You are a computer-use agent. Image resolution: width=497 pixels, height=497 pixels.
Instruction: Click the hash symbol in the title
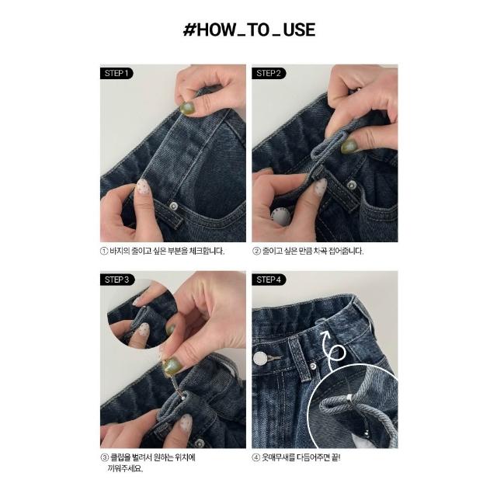click(x=189, y=30)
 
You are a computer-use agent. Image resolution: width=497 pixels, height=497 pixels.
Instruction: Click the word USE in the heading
click(x=299, y=30)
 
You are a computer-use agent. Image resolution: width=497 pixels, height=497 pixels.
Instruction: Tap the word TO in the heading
click(x=256, y=30)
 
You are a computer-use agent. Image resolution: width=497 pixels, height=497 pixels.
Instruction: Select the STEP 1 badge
click(x=116, y=73)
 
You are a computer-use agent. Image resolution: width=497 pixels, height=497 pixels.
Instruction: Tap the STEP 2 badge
click(x=269, y=73)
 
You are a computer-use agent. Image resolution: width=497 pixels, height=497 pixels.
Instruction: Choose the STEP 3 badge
click(x=116, y=280)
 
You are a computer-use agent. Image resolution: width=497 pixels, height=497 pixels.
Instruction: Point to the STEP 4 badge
click(x=269, y=280)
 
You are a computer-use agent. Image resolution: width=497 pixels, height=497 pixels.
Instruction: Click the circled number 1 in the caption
click(x=104, y=252)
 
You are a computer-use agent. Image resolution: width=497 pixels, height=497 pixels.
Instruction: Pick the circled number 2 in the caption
click(x=256, y=252)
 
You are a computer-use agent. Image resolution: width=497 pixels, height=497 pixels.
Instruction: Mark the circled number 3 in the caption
click(x=104, y=457)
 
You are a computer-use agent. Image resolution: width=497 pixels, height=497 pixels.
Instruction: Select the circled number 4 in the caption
click(x=256, y=457)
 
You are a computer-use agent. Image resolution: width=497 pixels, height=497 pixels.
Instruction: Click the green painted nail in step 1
click(x=187, y=108)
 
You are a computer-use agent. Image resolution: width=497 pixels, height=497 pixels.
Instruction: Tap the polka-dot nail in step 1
click(x=142, y=187)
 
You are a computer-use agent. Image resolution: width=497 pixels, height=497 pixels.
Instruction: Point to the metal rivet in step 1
click(x=173, y=206)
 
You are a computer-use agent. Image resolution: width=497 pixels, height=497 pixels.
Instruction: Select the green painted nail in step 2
click(x=349, y=147)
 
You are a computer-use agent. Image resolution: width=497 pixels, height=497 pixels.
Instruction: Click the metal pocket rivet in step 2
click(x=351, y=185)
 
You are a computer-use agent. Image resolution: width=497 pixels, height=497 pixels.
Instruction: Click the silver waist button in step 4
click(x=261, y=358)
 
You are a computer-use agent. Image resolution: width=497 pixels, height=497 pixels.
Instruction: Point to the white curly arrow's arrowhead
click(x=325, y=335)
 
